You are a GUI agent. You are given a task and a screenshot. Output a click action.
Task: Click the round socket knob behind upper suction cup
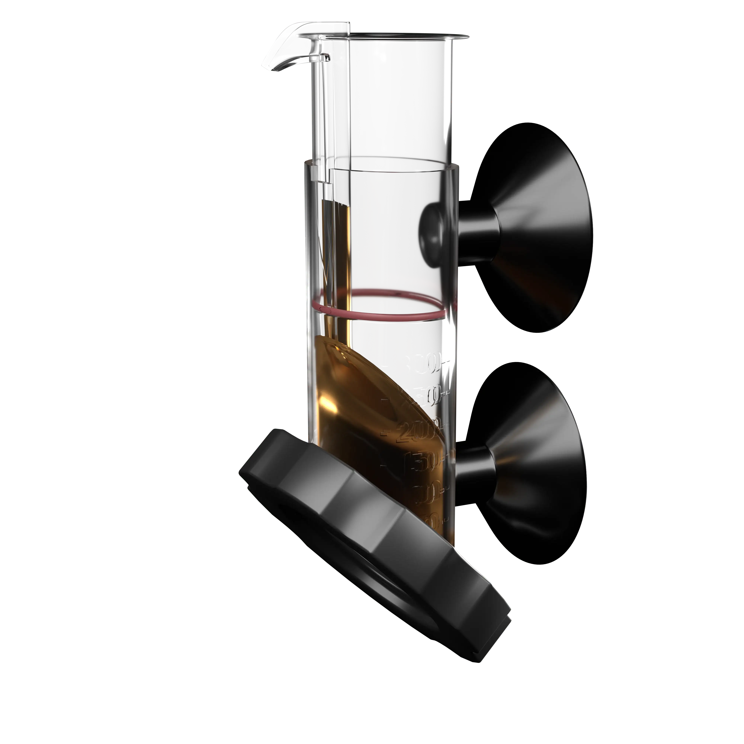(433, 233)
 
